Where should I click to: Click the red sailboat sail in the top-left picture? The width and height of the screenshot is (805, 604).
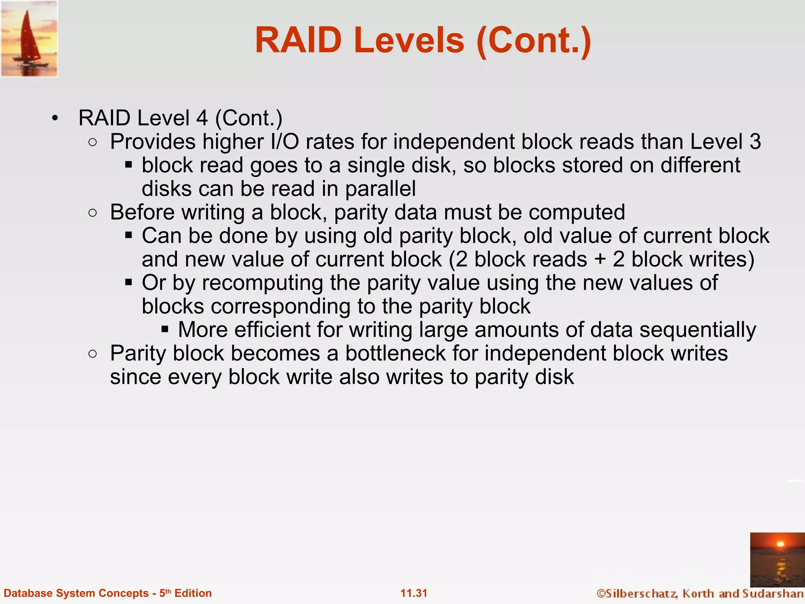[x=28, y=37]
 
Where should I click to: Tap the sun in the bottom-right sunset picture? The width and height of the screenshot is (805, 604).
[x=780, y=544]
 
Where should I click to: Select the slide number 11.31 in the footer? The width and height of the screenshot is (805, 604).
[x=414, y=593]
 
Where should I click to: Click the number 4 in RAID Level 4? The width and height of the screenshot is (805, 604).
[x=202, y=118]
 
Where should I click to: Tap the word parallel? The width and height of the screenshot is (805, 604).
[x=380, y=189]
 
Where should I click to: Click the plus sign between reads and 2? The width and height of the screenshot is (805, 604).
[x=600, y=260]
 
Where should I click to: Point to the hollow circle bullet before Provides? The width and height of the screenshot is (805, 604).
[x=93, y=142]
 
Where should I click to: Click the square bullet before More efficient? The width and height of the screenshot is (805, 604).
[x=165, y=329]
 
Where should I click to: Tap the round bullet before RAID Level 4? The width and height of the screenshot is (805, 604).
[x=55, y=118]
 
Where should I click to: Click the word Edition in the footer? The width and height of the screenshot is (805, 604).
[x=193, y=593]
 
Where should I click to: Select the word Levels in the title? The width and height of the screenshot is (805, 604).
[x=409, y=41]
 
